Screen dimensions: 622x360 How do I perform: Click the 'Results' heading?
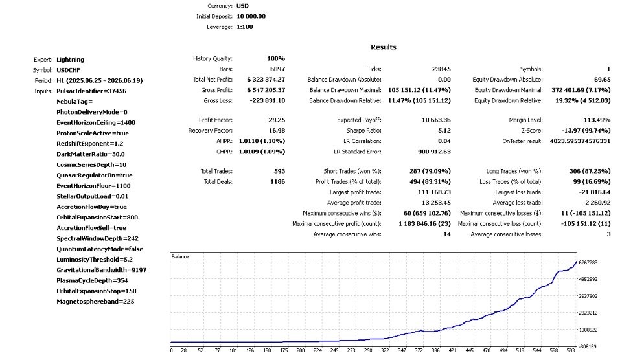pyautogui.click(x=383, y=47)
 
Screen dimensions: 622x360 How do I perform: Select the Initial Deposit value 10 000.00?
pyautogui.click(x=251, y=16)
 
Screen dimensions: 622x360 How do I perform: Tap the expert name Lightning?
pyautogui.click(x=70, y=60)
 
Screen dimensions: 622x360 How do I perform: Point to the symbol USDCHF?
pyautogui.click(x=68, y=70)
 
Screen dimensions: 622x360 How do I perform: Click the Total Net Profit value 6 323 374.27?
pyautogui.click(x=266, y=79)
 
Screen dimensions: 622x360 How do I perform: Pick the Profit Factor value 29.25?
pyautogui.click(x=277, y=120)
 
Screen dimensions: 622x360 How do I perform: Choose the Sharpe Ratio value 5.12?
pyautogui.click(x=444, y=130)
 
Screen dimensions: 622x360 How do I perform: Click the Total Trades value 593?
pyautogui.click(x=280, y=171)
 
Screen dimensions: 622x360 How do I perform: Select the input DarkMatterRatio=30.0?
pyautogui.click(x=91, y=154)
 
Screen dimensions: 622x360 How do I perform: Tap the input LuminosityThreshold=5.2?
pyautogui.click(x=95, y=259)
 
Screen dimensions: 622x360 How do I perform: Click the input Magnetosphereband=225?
pyautogui.click(x=95, y=301)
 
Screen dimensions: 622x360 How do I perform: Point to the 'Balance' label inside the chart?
pyautogui.click(x=180, y=256)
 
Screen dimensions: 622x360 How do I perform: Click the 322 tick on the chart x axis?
pyautogui.click(x=385, y=350)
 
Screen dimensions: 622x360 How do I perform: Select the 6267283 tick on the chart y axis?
pyautogui.click(x=588, y=262)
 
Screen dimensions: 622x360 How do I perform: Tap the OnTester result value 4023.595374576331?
pyautogui.click(x=580, y=141)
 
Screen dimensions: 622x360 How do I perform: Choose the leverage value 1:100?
pyautogui.click(x=245, y=27)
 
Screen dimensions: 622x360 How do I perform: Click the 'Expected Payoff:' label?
pyautogui.click(x=359, y=120)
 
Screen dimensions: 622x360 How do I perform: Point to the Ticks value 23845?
pyautogui.click(x=441, y=69)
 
